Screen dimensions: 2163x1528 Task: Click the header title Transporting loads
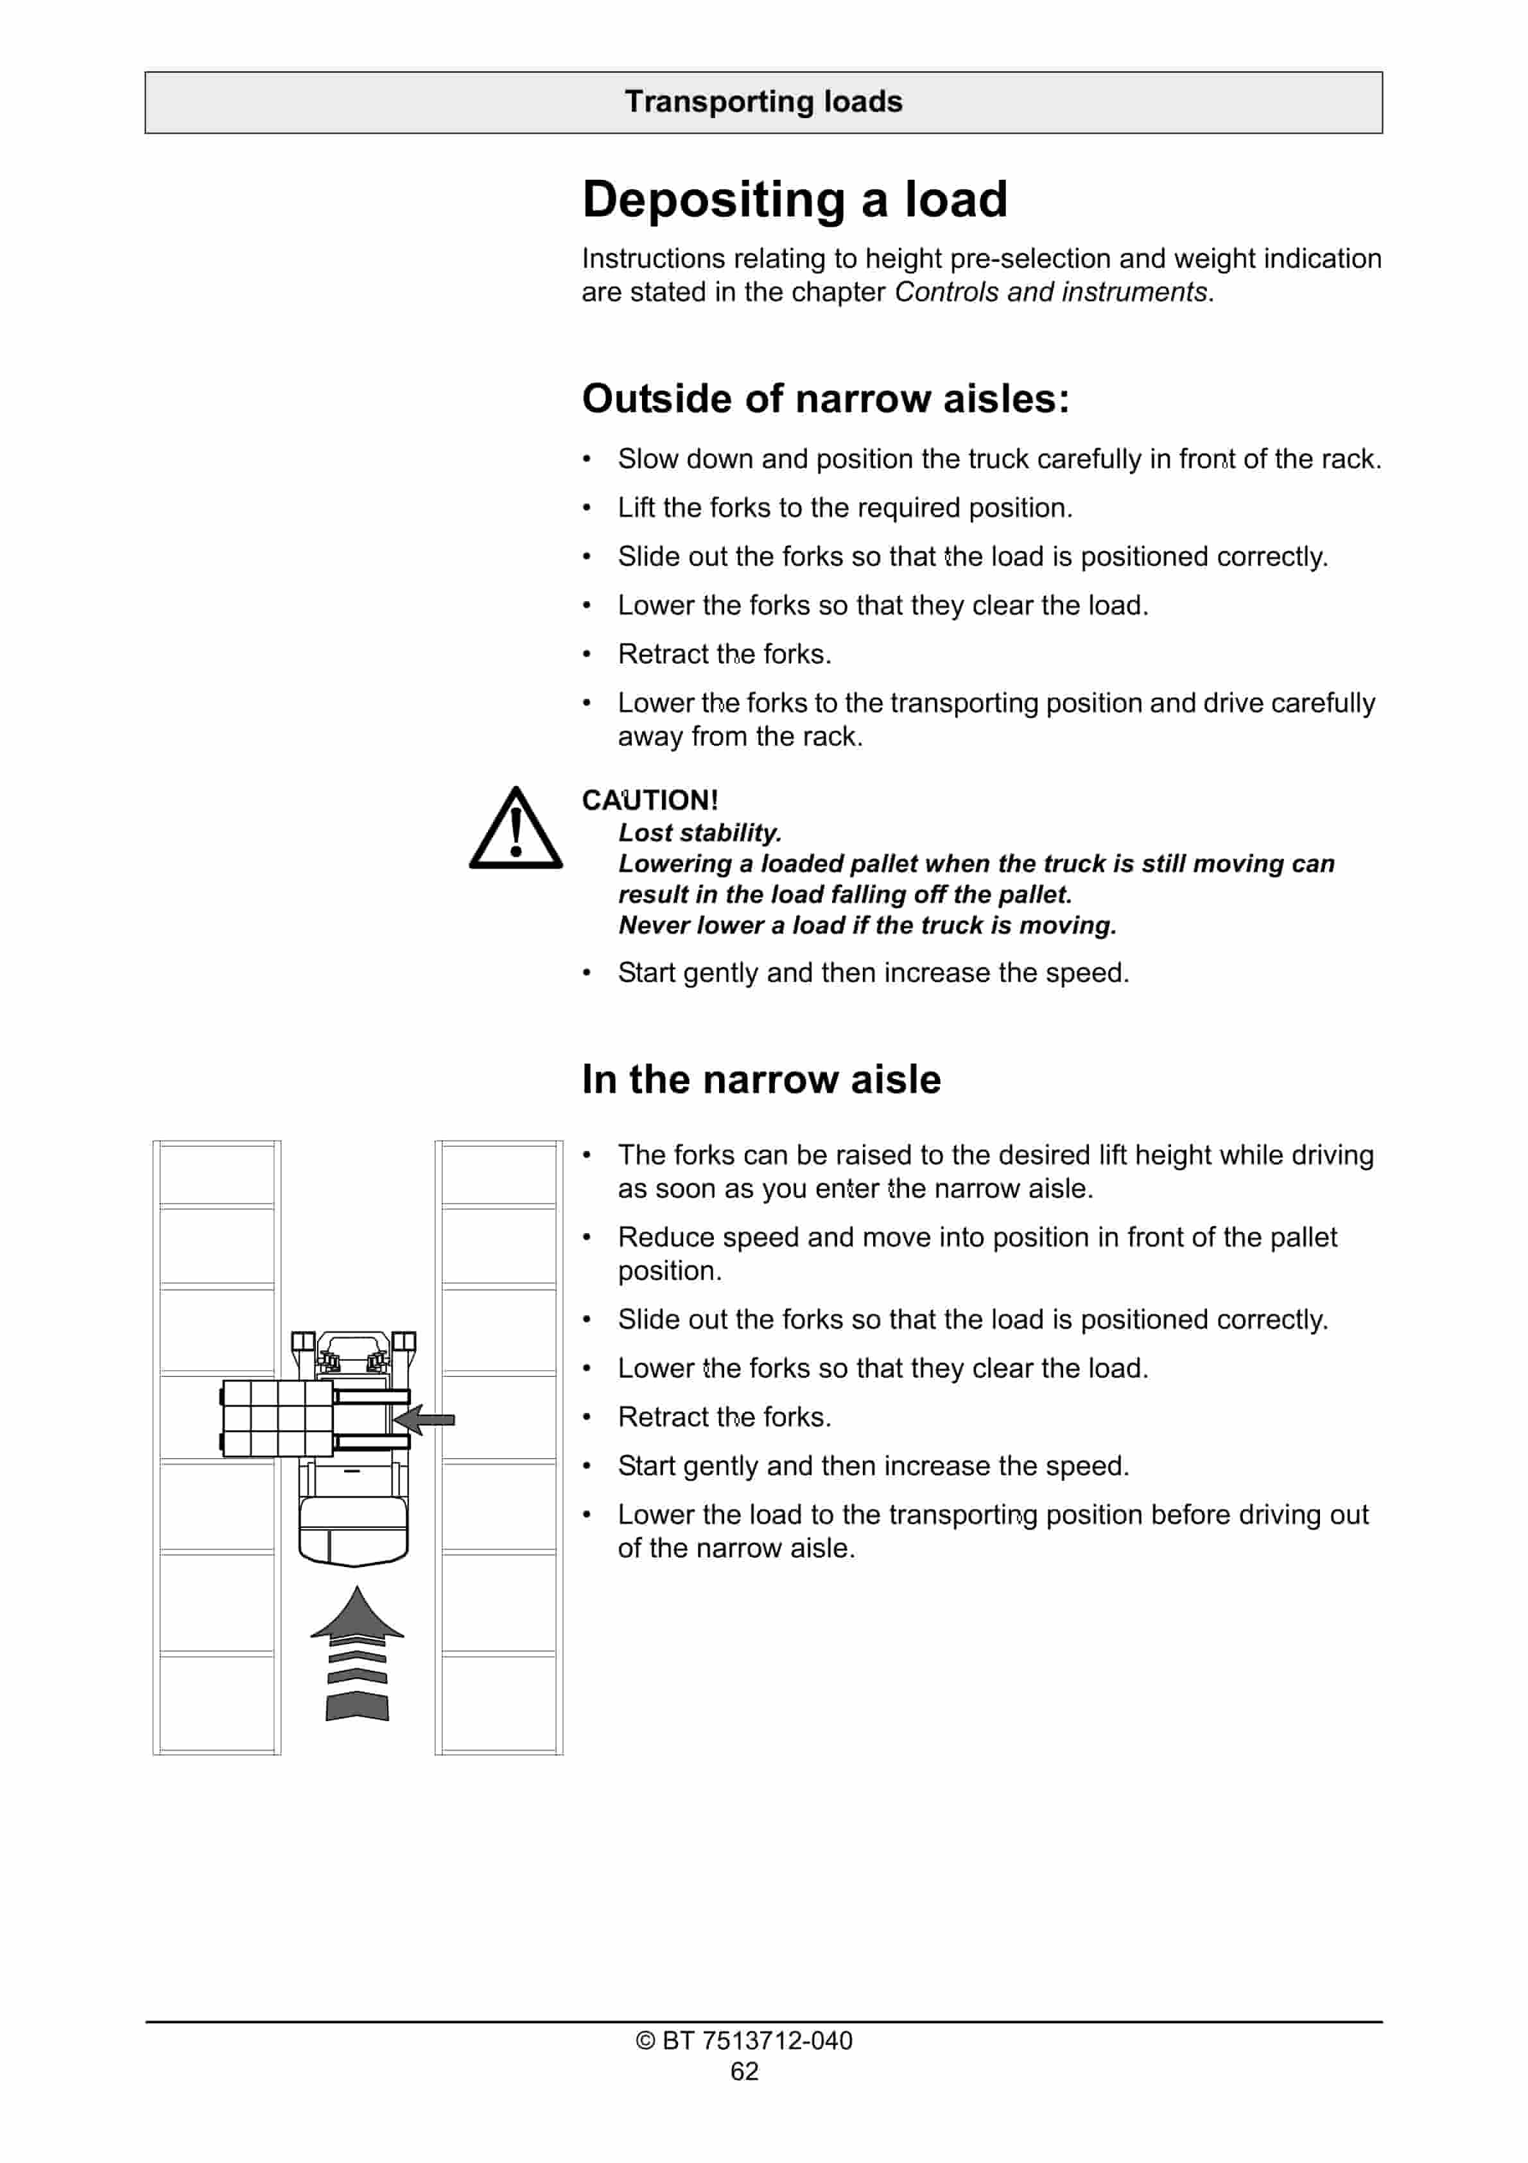tap(763, 101)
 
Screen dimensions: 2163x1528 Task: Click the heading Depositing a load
tap(794, 200)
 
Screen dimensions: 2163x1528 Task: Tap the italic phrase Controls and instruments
tap(1050, 292)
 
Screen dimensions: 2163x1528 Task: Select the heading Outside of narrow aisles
tap(825, 398)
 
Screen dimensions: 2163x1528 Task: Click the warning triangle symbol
tap(516, 830)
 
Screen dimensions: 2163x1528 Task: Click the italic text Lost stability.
tap(699, 833)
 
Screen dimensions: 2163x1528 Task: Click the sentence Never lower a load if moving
tap(867, 925)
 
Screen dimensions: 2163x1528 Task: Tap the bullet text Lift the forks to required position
tap(845, 508)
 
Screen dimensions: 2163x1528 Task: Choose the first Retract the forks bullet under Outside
tap(724, 654)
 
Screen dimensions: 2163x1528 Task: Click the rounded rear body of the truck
tap(353, 1531)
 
